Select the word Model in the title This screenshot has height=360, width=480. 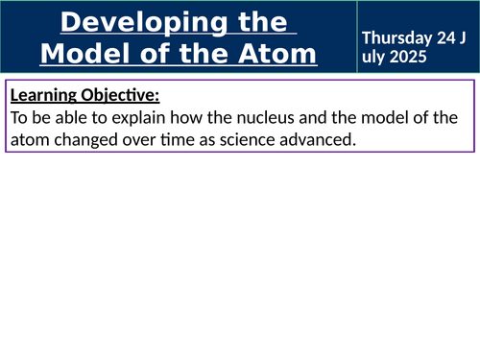click(x=80, y=54)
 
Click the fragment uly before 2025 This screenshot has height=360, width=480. click(x=374, y=55)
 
